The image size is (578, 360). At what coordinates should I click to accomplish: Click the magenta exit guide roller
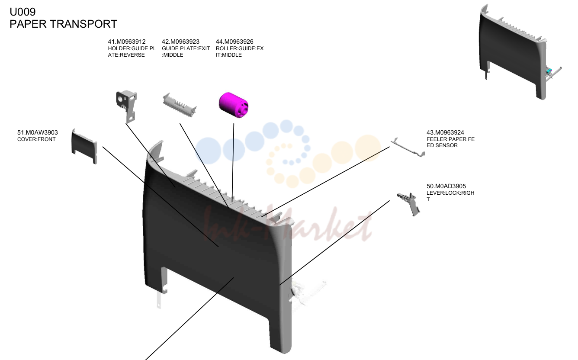tap(234, 105)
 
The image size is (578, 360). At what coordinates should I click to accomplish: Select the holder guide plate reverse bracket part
tap(126, 106)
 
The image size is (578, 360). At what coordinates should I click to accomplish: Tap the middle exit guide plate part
tap(180, 105)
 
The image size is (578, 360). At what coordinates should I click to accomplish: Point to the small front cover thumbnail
tap(84, 146)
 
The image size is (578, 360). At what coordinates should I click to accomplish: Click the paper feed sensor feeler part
tap(407, 148)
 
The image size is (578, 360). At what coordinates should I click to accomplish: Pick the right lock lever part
tap(409, 204)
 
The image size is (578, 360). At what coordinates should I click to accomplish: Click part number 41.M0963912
tap(127, 42)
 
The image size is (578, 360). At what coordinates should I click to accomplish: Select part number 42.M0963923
tap(181, 42)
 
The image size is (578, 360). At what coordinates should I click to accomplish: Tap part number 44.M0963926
tap(234, 42)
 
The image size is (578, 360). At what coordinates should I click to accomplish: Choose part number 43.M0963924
tap(445, 132)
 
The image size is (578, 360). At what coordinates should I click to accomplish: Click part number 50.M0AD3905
tap(446, 186)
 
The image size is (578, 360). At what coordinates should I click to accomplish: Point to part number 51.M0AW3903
tap(37, 132)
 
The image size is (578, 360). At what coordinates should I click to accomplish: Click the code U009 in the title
tap(22, 12)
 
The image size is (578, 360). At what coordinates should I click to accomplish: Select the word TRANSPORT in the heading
tap(83, 24)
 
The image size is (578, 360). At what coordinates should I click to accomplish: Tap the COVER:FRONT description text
tap(36, 139)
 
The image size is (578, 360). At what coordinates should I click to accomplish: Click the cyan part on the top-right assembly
tap(548, 71)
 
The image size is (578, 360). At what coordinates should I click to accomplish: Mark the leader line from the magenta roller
tap(233, 163)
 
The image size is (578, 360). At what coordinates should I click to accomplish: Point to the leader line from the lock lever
tap(334, 243)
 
